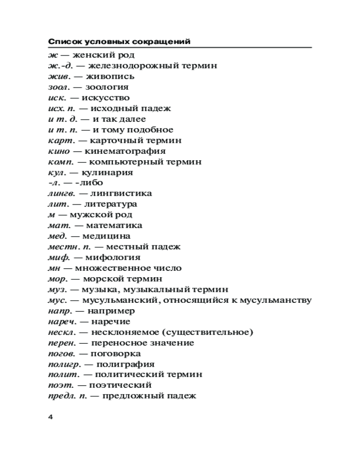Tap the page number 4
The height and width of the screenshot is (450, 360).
pos(50,417)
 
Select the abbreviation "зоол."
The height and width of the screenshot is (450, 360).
pos(58,87)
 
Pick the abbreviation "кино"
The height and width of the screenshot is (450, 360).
pos(58,151)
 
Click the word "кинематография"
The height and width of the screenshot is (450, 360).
pos(125,151)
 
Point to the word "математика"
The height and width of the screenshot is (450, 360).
pos(114,225)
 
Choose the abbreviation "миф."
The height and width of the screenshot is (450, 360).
pos(57,258)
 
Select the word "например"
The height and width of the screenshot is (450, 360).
pos(111,311)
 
